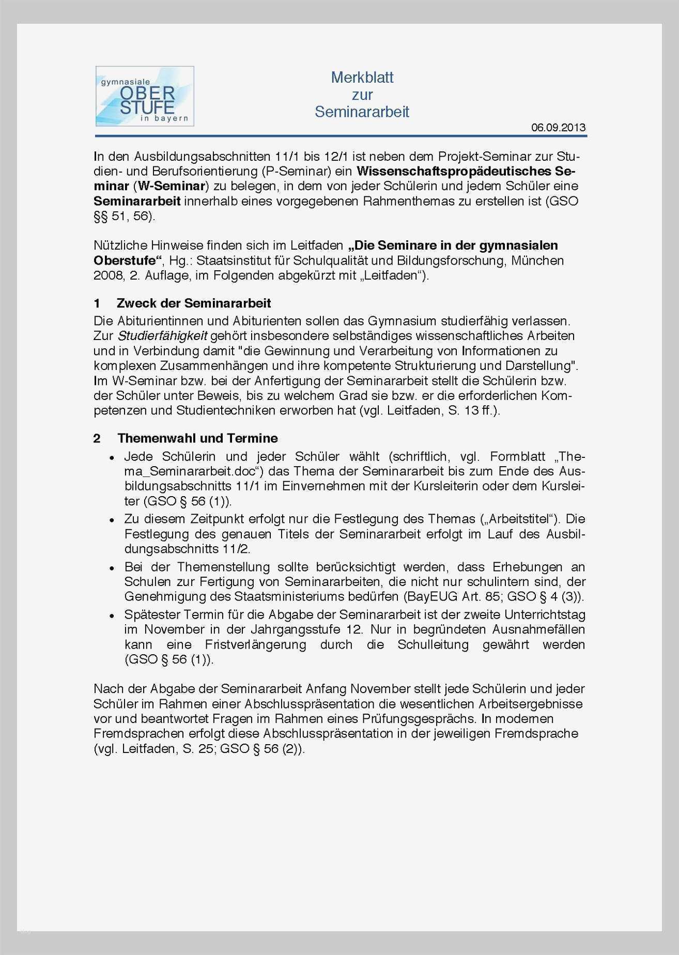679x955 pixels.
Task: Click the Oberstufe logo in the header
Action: [x=145, y=96]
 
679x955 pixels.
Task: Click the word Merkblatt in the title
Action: [x=362, y=78]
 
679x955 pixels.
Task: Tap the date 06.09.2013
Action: [x=558, y=128]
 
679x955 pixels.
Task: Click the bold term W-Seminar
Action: [x=171, y=186]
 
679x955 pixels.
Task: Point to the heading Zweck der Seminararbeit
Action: [x=194, y=303]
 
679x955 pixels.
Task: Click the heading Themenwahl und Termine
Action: [x=197, y=438]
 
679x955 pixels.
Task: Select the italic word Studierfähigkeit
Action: [x=163, y=336]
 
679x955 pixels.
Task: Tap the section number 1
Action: [x=97, y=303]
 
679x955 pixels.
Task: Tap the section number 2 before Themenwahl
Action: [x=97, y=439]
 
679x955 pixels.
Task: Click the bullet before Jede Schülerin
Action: [x=112, y=458]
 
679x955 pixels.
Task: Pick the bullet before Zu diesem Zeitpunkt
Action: [x=112, y=520]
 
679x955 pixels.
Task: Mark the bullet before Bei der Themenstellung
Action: [x=112, y=568]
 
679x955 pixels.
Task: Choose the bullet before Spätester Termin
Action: [x=112, y=615]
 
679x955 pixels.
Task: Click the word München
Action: [x=537, y=260]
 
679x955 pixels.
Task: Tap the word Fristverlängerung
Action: [x=255, y=645]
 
